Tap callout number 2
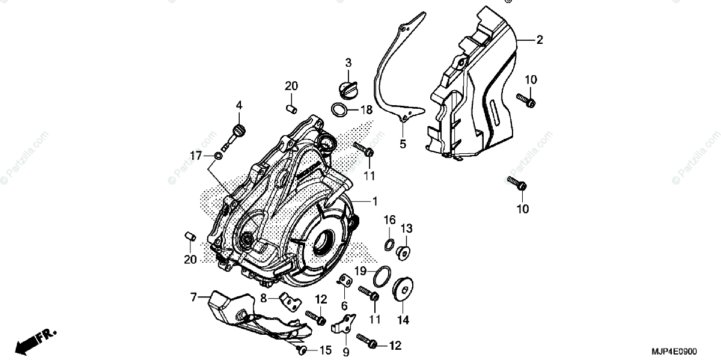(539, 40)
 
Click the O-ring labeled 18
(356, 109)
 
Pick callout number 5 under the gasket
(403, 144)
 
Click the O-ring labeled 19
(381, 276)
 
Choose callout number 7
(193, 296)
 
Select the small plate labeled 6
(345, 280)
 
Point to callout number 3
(348, 63)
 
